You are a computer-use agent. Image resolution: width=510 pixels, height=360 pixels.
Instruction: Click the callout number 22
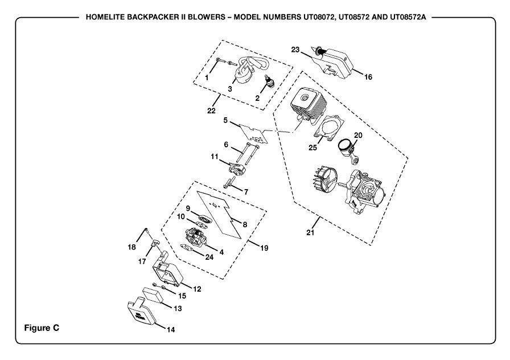(x=211, y=111)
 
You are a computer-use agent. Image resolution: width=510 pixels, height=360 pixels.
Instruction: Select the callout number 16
(x=368, y=77)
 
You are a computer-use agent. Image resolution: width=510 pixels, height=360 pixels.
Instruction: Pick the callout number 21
(x=310, y=232)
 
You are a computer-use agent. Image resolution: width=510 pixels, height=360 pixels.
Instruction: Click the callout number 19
(x=264, y=248)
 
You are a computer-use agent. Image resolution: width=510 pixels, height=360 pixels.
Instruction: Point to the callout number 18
(x=131, y=247)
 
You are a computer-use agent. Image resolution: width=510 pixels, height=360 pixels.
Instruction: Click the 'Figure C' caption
(x=42, y=328)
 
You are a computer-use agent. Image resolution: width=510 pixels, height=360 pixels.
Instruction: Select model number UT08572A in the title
(x=408, y=17)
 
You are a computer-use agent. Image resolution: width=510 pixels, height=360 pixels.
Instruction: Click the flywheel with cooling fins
(x=324, y=182)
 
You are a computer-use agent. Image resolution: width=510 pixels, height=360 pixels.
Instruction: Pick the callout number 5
(x=225, y=120)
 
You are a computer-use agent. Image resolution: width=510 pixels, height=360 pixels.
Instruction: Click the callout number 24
(x=209, y=257)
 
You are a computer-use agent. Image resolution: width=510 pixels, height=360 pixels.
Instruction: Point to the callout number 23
(x=295, y=50)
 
